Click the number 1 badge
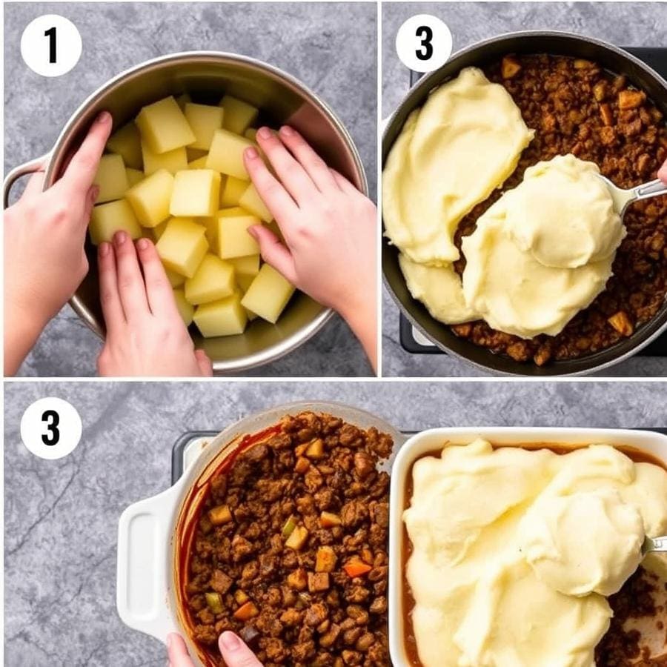(50, 45)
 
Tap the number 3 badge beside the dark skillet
(424, 43)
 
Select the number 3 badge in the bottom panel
(50, 428)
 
